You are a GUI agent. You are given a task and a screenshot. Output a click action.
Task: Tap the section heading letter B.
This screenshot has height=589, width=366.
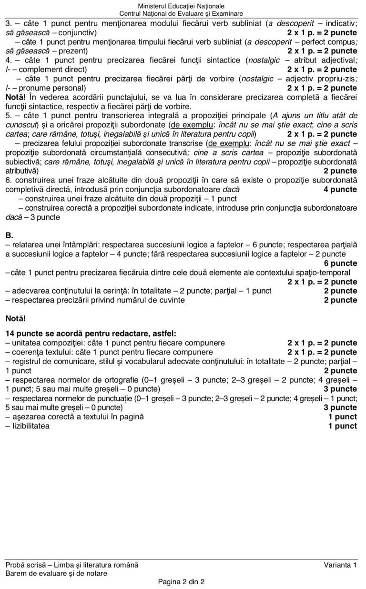[9, 235]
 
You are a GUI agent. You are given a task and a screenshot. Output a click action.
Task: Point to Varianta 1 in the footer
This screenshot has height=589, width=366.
[340, 565]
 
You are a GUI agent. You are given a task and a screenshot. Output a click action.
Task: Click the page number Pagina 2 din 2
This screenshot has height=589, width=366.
[181, 582]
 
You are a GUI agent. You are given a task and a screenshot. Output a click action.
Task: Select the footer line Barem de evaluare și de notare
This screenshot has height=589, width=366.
[56, 573]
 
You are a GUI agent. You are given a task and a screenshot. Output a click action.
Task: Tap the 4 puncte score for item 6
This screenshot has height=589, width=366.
[340, 190]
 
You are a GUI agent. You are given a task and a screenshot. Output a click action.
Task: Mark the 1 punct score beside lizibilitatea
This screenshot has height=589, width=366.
[342, 426]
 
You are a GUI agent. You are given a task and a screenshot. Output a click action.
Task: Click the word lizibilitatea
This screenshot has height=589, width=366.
[30, 426]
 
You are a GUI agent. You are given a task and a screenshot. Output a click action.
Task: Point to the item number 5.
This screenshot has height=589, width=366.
[8, 116]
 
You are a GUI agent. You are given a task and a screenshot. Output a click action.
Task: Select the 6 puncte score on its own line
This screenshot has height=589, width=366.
[340, 264]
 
